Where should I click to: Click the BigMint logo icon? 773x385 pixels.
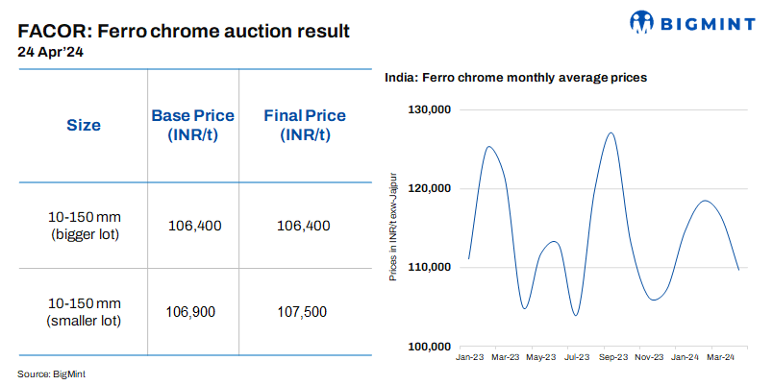(x=642, y=23)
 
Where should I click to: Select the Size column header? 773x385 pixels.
(x=84, y=125)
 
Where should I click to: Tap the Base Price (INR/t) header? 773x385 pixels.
(x=193, y=125)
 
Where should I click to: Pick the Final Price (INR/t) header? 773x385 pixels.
(x=305, y=125)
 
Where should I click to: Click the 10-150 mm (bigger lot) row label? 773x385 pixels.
(x=84, y=226)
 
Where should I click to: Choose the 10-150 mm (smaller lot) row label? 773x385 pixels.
(x=84, y=312)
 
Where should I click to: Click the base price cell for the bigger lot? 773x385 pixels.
(x=193, y=226)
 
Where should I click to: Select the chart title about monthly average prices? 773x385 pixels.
(x=515, y=77)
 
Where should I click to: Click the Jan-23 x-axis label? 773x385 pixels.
(x=470, y=357)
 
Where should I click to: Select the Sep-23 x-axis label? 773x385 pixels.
(x=612, y=357)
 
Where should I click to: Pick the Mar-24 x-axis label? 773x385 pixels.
(x=721, y=357)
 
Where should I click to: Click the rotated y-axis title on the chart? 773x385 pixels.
(x=392, y=227)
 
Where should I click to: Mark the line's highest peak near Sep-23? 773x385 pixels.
(x=611, y=132)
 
